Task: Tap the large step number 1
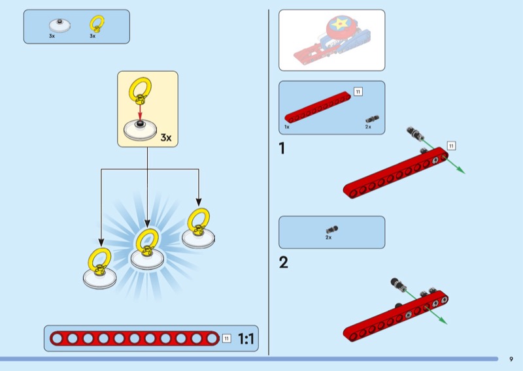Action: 282,149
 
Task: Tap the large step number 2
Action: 283,263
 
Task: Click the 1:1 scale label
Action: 246,338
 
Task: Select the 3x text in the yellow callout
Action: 166,137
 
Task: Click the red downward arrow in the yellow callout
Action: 140,113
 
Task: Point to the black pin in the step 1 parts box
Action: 372,119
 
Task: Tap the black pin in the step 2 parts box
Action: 331,229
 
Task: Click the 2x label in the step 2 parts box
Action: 329,238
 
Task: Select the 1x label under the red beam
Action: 287,127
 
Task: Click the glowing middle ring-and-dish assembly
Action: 146,249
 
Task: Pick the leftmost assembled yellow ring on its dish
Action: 99,268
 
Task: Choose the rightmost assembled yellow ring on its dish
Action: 197,227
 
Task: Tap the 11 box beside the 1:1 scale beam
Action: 226,338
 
